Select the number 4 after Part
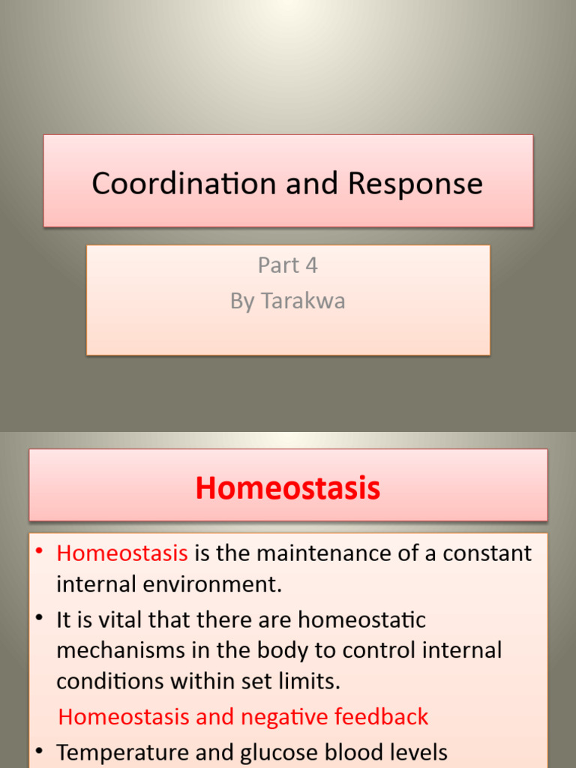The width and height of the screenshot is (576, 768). point(311,265)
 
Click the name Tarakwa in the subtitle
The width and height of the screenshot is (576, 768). point(303,301)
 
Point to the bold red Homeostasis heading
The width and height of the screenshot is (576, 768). point(288,489)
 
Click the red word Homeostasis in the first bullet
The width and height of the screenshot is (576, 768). point(122,553)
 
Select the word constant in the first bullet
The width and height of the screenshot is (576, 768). point(487,553)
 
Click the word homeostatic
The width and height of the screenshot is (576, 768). point(361,620)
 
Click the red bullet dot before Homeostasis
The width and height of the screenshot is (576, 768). point(40,553)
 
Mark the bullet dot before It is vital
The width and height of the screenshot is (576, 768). point(40,619)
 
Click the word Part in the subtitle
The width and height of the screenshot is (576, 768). point(277,265)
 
